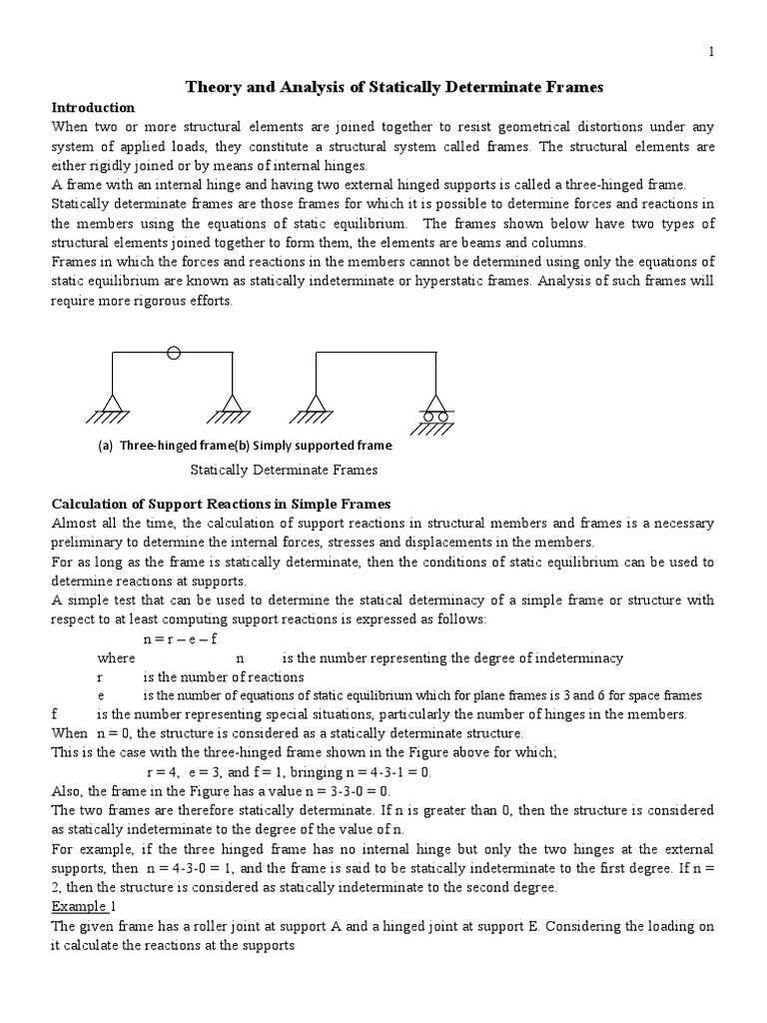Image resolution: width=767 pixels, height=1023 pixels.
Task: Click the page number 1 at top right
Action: [x=711, y=53]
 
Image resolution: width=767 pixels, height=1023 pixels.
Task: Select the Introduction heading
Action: [x=93, y=107]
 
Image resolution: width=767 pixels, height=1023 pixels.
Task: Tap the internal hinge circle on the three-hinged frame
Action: [x=173, y=353]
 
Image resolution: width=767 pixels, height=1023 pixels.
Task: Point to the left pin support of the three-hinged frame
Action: [x=112, y=405]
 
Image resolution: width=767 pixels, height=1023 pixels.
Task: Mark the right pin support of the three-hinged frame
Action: [x=233, y=405]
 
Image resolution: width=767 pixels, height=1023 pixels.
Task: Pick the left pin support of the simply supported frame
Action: [x=316, y=405]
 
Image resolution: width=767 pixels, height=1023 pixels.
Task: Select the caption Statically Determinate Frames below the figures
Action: [x=284, y=470]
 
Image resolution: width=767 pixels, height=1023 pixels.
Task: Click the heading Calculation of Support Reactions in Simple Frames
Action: [x=221, y=504]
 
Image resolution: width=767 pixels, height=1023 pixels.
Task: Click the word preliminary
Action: [x=87, y=541]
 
